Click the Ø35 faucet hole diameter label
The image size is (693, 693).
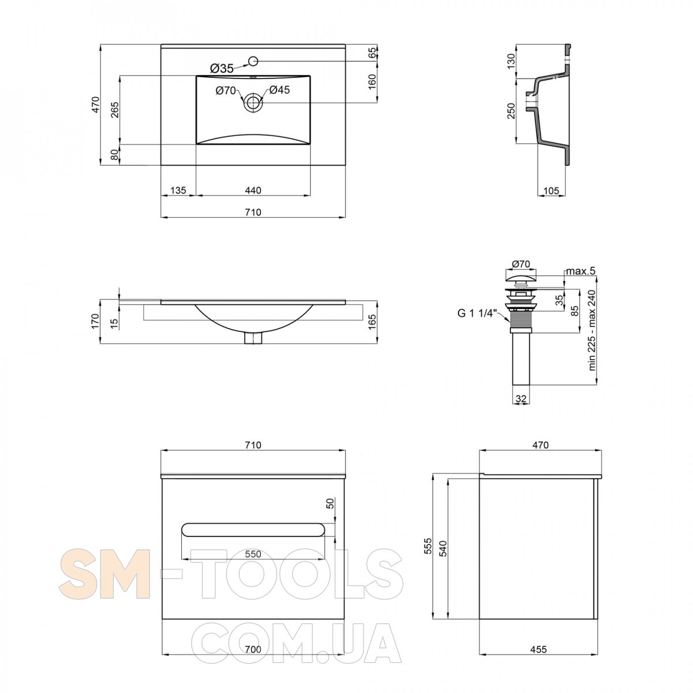point(222,68)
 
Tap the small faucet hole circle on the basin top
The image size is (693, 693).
point(254,61)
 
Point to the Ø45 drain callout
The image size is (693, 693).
point(279,90)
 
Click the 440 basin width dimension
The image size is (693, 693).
point(253,190)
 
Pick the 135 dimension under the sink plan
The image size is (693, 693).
point(178,190)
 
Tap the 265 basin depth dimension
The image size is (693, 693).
point(114,110)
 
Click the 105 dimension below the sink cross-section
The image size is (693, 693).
point(551,190)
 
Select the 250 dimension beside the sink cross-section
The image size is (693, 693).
point(512,111)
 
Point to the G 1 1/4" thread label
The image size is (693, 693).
point(477,313)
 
